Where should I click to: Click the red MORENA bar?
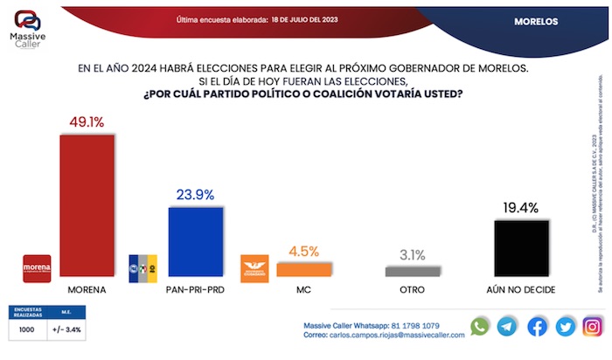pos(86,205)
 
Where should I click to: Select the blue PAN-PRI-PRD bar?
pos(196,242)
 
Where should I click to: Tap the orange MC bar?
pos(304,270)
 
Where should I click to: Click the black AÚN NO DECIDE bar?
pos(522,248)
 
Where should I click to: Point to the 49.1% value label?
pos(86,124)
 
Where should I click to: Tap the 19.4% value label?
pos(522,209)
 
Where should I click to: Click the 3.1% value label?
pos(414,256)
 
